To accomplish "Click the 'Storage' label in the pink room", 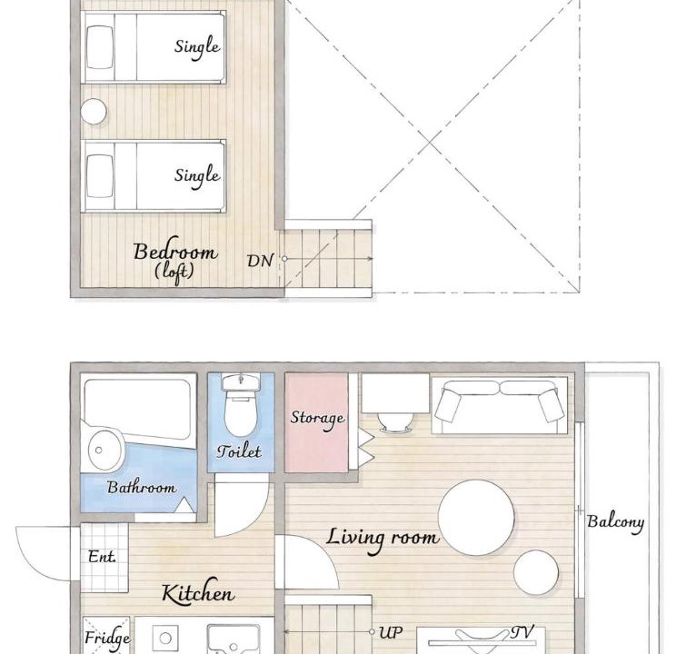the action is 317,419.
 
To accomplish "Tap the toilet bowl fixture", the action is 241,406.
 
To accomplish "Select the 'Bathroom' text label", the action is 142,487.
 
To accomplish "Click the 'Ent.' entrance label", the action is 102,557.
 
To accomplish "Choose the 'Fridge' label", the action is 107,639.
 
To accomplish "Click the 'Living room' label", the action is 383,539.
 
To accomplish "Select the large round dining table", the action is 476,518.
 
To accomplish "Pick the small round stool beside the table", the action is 536,572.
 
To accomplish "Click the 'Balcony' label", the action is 615,522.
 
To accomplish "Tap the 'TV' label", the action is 522,632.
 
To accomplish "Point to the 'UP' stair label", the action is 391,633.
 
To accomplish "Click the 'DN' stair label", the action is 260,261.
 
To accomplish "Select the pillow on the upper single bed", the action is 100,47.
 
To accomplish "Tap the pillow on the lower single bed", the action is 100,175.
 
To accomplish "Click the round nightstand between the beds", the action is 94,111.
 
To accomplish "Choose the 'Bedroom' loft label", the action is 175,252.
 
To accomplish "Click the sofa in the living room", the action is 500,405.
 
